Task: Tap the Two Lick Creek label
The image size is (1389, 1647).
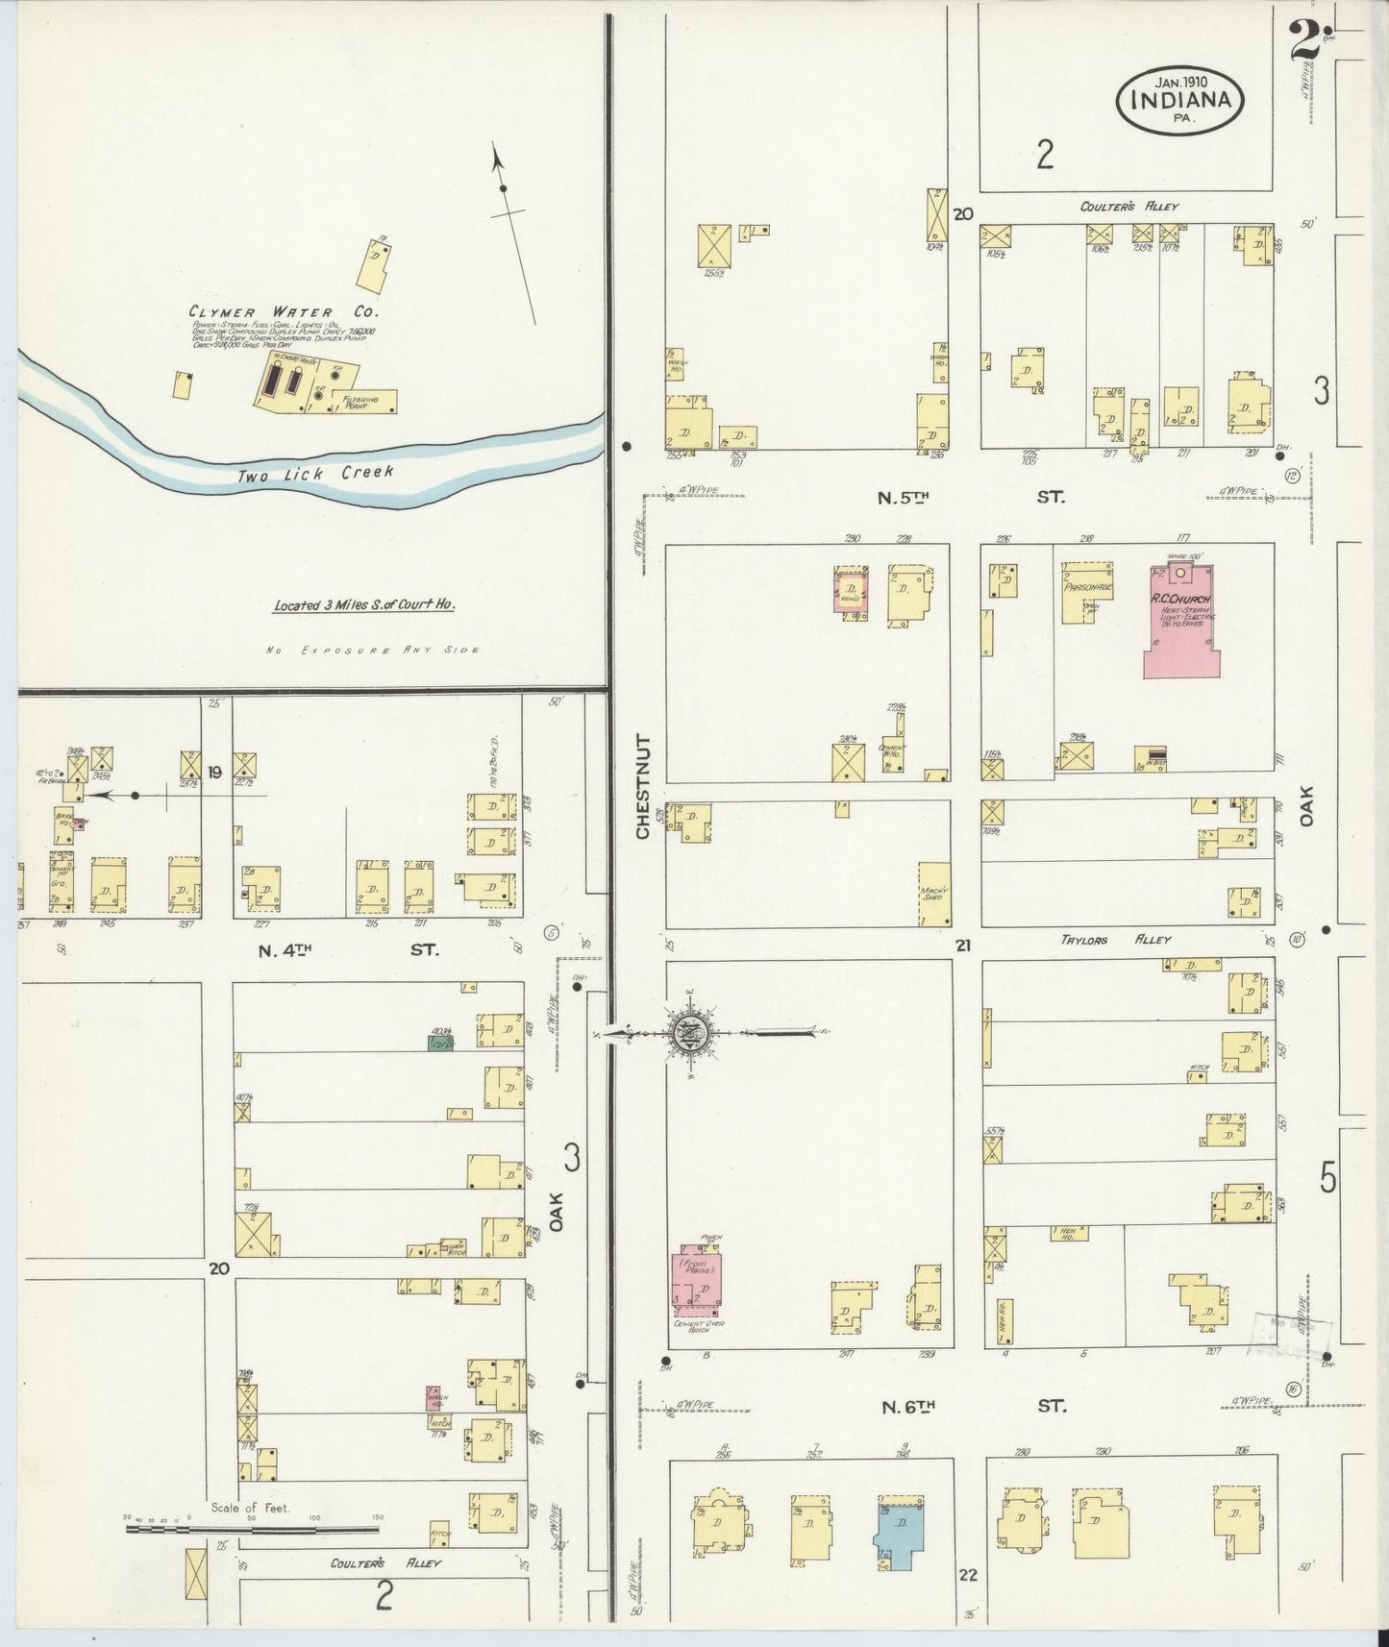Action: (x=316, y=474)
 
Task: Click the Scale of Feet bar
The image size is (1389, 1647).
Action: (x=252, y=1528)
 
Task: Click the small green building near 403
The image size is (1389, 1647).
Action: (x=441, y=1041)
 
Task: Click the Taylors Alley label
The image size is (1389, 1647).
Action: (x=1115, y=940)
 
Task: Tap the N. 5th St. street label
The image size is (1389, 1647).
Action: (x=971, y=498)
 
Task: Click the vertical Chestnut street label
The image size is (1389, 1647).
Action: (x=643, y=786)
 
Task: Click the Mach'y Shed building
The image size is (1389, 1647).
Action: (x=933, y=894)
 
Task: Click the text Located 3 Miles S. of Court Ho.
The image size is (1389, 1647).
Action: (x=363, y=605)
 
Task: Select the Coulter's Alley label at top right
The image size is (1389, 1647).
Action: (x=1129, y=207)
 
